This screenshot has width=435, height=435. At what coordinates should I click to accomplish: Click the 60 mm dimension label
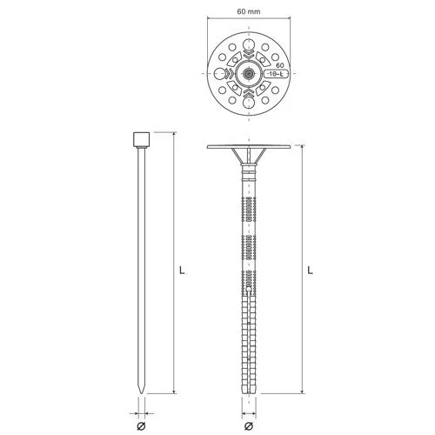pos(249,11)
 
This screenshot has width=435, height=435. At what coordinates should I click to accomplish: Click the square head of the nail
pos(142,139)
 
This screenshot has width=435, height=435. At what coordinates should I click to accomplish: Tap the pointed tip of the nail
pos(142,393)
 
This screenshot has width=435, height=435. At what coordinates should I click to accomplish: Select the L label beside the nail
pos(182,271)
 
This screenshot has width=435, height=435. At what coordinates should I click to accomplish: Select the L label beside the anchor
pos(311,271)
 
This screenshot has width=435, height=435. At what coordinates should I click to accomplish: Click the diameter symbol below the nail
pos(141,426)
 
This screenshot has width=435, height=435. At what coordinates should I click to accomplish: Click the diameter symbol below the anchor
pos(249,426)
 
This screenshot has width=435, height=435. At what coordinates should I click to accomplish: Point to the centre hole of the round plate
pos(249,74)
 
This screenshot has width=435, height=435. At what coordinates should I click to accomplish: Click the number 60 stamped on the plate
pos(280,65)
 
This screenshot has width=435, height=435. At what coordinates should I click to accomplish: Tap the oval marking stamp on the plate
pos(276,74)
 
